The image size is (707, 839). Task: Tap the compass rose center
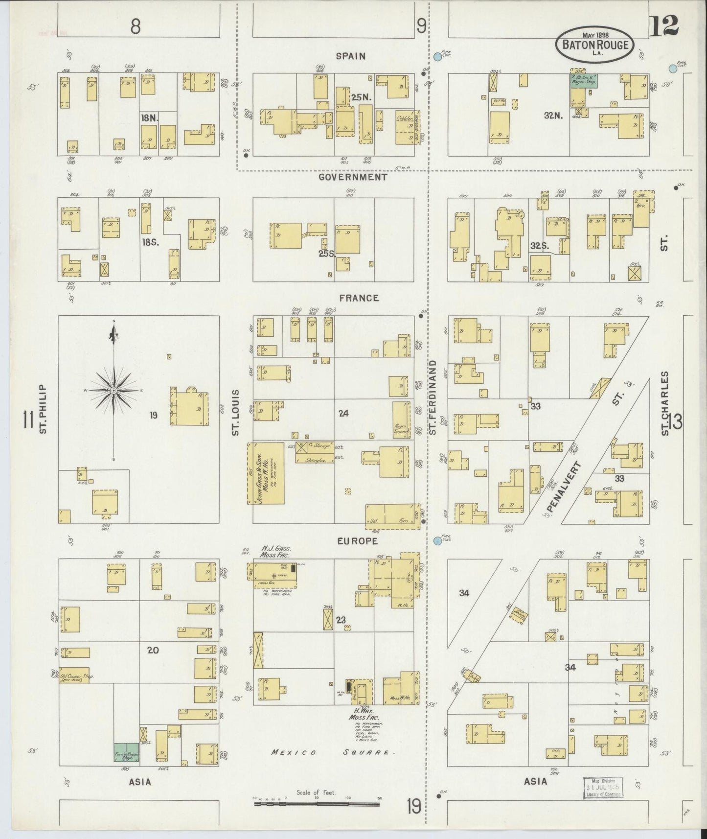pyautogui.click(x=114, y=390)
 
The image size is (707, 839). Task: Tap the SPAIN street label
pyautogui.click(x=351, y=56)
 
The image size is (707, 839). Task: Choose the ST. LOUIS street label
pyautogui.click(x=235, y=412)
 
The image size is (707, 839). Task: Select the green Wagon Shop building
pyautogui.click(x=584, y=81)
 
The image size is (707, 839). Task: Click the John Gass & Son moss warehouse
pyautogui.click(x=266, y=473)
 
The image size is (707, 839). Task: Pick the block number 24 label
pyautogui.click(x=343, y=414)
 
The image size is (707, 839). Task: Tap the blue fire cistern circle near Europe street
pyautogui.click(x=437, y=540)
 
